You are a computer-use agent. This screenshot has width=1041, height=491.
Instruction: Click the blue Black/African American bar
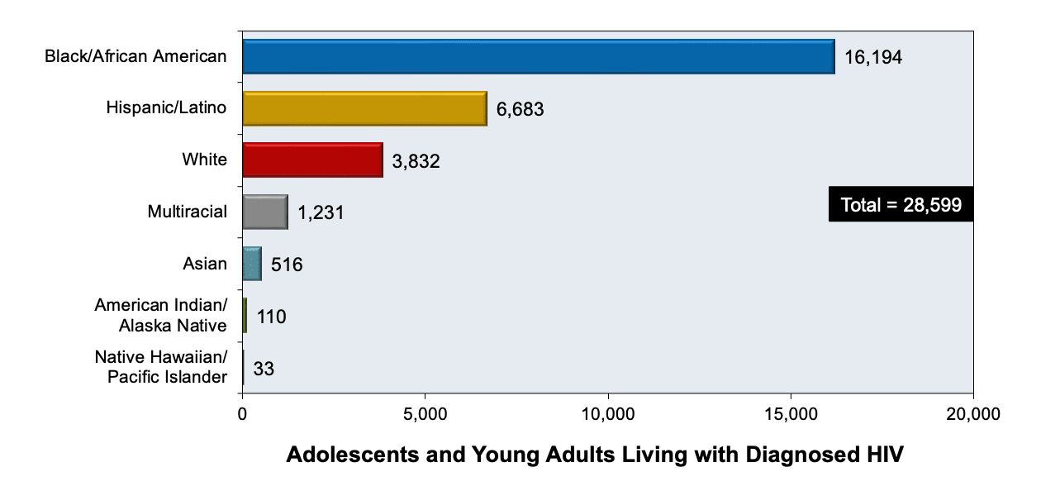click(538, 56)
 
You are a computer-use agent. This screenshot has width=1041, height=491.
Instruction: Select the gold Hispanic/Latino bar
click(364, 108)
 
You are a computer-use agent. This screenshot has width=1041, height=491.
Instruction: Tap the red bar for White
click(312, 160)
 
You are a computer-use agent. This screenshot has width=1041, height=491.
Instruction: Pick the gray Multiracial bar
click(264, 212)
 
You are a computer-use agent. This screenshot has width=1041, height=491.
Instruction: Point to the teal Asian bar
click(251, 264)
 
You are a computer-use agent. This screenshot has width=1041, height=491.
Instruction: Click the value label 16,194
click(873, 57)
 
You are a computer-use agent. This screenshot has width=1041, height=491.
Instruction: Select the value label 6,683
click(520, 109)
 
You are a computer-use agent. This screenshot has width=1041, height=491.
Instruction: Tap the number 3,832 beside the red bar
click(416, 161)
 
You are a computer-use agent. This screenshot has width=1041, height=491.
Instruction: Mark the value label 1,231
click(321, 213)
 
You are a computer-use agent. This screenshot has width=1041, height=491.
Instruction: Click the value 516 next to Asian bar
click(288, 265)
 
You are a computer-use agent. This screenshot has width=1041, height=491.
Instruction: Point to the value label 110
click(271, 317)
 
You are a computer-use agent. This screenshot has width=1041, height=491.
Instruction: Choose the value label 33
click(264, 369)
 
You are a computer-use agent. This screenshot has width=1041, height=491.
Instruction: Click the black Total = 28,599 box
click(901, 205)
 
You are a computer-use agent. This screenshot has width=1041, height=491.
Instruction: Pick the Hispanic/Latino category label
click(166, 107)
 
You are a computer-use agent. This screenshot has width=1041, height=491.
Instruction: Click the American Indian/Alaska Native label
click(160, 315)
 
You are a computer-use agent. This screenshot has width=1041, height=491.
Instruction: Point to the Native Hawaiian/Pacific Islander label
click(160, 367)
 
